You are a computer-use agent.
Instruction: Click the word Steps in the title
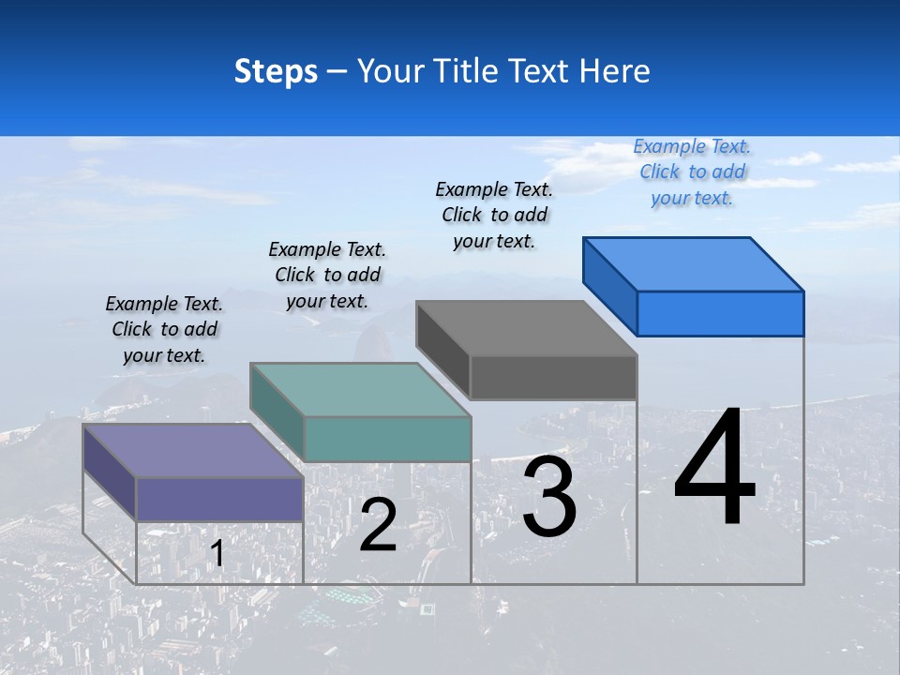[x=276, y=71]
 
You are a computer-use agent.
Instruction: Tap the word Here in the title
[x=614, y=71]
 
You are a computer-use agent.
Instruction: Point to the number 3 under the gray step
[x=549, y=497]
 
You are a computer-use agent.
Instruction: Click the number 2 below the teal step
[x=378, y=525]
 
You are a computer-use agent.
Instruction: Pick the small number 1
[x=217, y=554]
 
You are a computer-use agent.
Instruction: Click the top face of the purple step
[x=193, y=451]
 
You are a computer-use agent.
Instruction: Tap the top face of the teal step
[x=360, y=389]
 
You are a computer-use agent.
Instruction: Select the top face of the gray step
[x=526, y=328]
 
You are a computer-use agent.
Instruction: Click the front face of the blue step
[x=720, y=313]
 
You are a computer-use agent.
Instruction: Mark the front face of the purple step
[x=219, y=499]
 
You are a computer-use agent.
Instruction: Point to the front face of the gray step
[x=553, y=377]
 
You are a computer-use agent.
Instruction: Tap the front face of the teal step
[x=387, y=439]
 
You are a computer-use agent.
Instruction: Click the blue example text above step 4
[x=692, y=172]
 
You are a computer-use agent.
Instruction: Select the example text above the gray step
[x=494, y=215]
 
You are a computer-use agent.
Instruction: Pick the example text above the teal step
[x=327, y=275]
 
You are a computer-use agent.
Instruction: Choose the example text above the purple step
[x=164, y=329]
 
